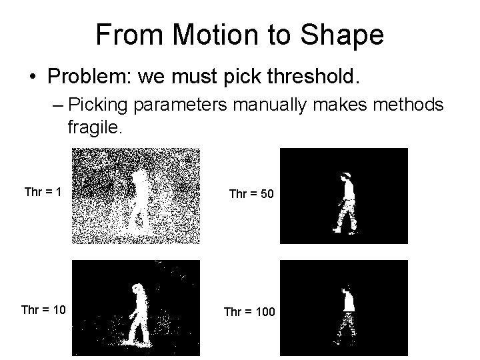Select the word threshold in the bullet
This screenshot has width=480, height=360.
308,77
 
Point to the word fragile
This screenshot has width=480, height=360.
95,127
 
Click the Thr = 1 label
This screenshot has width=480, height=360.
43,193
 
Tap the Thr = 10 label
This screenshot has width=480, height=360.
43,310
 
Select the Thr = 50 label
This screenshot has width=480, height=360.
250,194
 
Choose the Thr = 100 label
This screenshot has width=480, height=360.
249,311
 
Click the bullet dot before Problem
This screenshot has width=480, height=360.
33,78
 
